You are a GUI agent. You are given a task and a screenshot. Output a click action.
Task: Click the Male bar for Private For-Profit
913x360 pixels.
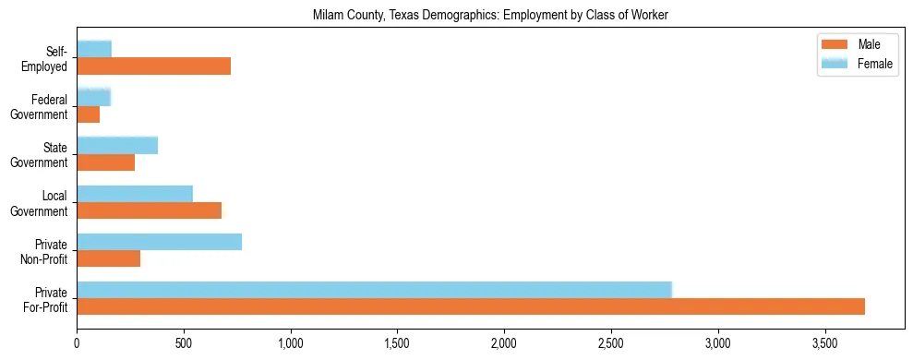(x=471, y=306)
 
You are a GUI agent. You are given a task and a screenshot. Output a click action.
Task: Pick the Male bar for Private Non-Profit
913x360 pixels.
(x=108, y=258)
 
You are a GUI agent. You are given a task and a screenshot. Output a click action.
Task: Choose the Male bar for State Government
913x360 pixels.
(x=105, y=162)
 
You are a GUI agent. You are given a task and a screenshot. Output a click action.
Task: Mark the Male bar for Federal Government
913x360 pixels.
(x=88, y=114)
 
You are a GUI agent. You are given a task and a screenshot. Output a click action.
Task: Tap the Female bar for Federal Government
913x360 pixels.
(x=93, y=97)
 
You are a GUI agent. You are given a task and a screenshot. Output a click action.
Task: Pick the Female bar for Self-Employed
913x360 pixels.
(x=94, y=49)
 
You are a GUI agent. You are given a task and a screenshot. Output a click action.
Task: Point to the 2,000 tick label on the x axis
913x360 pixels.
(x=504, y=344)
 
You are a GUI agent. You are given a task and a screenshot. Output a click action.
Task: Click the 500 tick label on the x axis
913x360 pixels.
(x=184, y=344)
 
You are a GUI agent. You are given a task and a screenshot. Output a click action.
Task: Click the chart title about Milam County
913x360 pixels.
(x=489, y=15)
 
